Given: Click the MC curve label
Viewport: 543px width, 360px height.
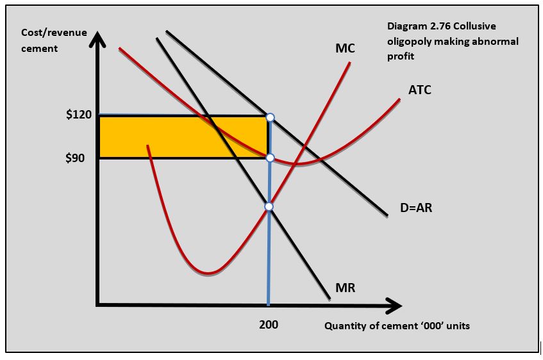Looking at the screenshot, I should point(344,49).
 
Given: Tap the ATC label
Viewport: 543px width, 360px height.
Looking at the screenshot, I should point(419,90).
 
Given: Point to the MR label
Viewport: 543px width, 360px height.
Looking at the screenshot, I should point(345,288).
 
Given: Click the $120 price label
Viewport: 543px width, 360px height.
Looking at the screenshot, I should point(79,115).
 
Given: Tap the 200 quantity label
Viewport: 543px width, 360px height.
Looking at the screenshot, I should point(269,325).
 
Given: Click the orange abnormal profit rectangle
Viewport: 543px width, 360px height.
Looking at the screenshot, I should point(160,136).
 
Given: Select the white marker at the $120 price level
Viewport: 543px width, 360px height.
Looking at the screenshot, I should point(270,117).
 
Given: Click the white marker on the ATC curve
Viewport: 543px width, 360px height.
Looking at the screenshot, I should point(270,158).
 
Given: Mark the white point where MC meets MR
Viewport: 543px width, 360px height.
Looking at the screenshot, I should point(269,206).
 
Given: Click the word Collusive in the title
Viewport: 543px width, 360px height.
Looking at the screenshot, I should point(474,26).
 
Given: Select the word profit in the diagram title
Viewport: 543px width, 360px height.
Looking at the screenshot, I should point(401,56).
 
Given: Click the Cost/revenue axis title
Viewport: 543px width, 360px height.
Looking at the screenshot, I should point(54,32).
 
